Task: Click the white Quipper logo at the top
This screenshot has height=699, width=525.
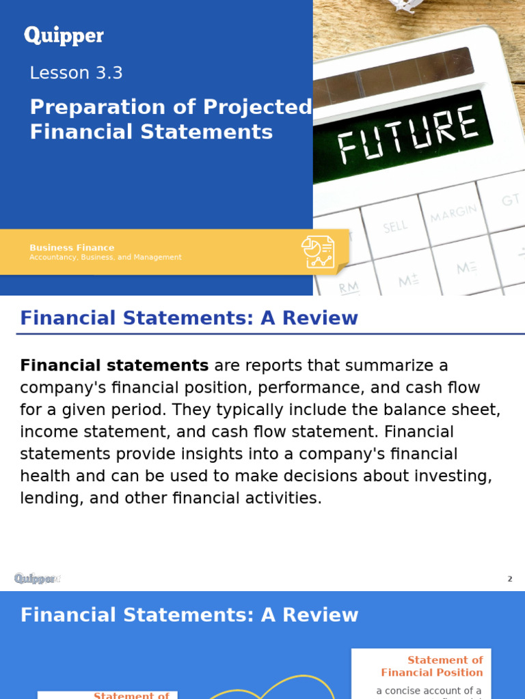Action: click(x=64, y=35)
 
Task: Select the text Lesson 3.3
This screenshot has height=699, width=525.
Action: click(x=76, y=73)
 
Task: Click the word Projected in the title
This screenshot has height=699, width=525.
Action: click(x=258, y=107)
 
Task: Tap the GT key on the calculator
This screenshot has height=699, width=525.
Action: click(x=511, y=200)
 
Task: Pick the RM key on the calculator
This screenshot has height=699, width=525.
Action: click(x=349, y=287)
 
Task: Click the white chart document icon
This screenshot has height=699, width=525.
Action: click(x=319, y=252)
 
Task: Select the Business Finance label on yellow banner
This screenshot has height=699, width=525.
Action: click(x=72, y=248)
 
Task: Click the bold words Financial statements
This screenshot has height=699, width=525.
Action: click(x=114, y=366)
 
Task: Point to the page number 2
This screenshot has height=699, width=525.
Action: click(x=509, y=579)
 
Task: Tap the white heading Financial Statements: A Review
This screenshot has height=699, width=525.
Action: click(x=189, y=615)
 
